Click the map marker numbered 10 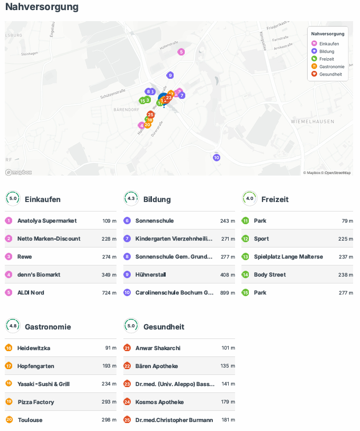216,158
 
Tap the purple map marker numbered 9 170,75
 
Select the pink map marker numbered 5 181,52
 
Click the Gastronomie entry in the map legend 331,67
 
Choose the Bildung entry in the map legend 327,51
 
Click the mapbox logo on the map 19,172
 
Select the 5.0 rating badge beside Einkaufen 13,199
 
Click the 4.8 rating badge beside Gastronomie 13,326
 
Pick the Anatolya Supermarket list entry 47,221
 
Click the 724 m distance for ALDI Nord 109,292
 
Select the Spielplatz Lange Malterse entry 288,256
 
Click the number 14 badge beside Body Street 245,274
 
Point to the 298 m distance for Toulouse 109,420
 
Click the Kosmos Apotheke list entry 159,402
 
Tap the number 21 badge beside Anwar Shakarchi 127,348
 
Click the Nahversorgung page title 42,7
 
